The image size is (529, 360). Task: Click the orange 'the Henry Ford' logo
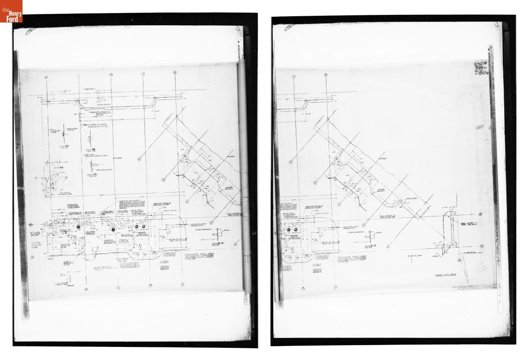click(11, 11)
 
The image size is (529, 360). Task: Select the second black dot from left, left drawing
click(113, 230)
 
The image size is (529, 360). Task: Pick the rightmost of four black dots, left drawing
click(144, 226)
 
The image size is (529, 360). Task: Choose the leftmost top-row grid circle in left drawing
click(47, 77)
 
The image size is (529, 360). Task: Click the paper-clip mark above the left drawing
click(31, 31)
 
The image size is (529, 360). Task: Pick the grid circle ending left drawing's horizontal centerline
click(32, 225)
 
